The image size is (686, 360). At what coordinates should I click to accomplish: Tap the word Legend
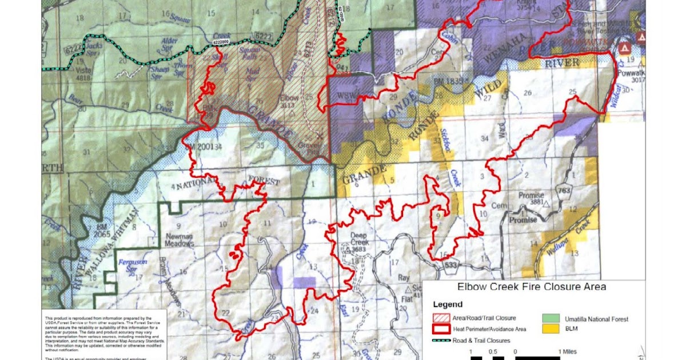pyautogui.click(x=448, y=305)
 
